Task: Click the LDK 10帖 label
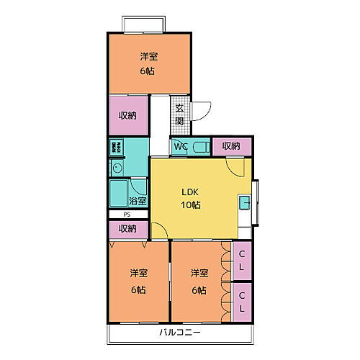tap(190, 198)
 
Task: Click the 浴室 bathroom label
tap(138, 201)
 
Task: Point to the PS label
tap(127, 214)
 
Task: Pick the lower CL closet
tap(243, 302)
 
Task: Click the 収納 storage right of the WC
tap(231, 146)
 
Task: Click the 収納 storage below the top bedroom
tap(129, 115)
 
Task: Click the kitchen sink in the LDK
tap(245, 202)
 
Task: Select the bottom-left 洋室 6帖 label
tap(139, 282)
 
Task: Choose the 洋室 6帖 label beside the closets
tap(199, 282)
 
